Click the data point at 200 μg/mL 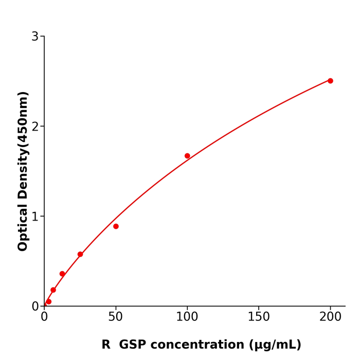click(x=330, y=81)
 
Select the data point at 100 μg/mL click(x=187, y=156)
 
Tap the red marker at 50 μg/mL click(x=116, y=226)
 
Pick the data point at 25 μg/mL click(x=80, y=254)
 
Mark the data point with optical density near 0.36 click(x=62, y=274)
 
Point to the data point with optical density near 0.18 click(x=53, y=290)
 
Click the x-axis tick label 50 click(x=116, y=317)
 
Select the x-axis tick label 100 click(x=187, y=317)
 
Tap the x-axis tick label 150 click(x=259, y=317)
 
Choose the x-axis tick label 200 click(x=330, y=317)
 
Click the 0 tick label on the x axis click(x=44, y=317)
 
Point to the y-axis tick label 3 click(x=35, y=37)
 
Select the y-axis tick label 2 click(x=35, y=127)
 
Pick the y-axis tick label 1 click(x=35, y=217)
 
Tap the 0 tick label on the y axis click(x=35, y=307)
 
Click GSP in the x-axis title click(x=135, y=345)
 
